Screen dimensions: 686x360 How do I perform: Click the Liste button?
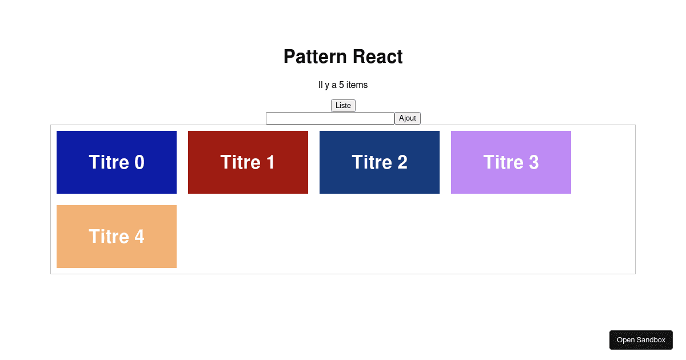click(343, 106)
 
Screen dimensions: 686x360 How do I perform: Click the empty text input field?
click(330, 118)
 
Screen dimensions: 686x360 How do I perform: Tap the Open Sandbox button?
click(641, 340)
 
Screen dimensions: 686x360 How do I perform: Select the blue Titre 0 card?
click(117, 162)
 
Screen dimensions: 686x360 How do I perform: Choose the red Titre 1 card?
click(248, 162)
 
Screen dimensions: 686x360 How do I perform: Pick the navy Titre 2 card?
click(380, 162)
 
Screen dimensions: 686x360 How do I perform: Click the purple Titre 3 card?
click(511, 162)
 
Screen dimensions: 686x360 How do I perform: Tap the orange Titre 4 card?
click(117, 237)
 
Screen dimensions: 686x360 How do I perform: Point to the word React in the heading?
click(378, 57)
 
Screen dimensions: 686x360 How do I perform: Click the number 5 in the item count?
click(341, 85)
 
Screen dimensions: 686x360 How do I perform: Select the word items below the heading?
click(357, 85)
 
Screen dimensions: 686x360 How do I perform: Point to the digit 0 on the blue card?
click(139, 162)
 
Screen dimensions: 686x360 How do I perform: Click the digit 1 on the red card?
click(270, 162)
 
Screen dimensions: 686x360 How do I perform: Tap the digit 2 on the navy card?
click(402, 162)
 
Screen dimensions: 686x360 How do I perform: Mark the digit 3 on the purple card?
click(534, 162)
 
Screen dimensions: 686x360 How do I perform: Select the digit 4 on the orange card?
click(139, 237)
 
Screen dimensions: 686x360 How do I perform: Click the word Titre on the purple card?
click(503, 162)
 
